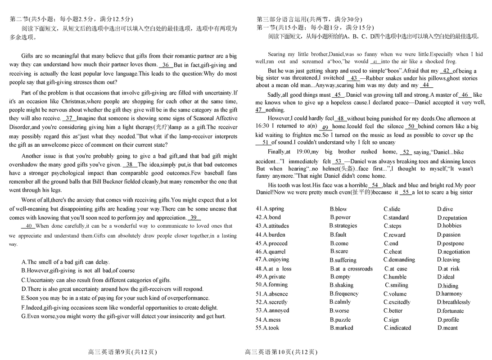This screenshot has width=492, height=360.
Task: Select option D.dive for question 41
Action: pyautogui.click(x=445, y=209)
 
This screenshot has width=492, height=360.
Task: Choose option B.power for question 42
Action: pyautogui.click(x=340, y=217)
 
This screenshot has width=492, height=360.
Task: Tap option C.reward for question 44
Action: pyautogui.click(x=395, y=235)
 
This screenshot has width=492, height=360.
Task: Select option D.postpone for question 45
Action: pyautogui.click(x=451, y=243)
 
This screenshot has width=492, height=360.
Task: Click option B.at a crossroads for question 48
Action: pyautogui.click(x=351, y=269)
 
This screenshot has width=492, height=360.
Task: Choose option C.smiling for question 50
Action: pyautogui.click(x=397, y=285)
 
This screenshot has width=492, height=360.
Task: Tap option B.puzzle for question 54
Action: pyautogui.click(x=340, y=319)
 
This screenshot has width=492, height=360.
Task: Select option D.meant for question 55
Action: pyautogui.click(x=447, y=328)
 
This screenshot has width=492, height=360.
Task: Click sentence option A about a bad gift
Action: pyautogui.click(x=65, y=262)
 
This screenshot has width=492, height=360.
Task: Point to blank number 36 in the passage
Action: pyautogui.click(x=166, y=65)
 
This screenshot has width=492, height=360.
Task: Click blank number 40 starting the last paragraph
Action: pyautogui.click(x=28, y=226)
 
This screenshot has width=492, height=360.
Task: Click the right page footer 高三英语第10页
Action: pyautogui.click(x=281, y=352)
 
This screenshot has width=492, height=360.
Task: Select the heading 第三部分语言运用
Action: pyautogui.click(x=309, y=19)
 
